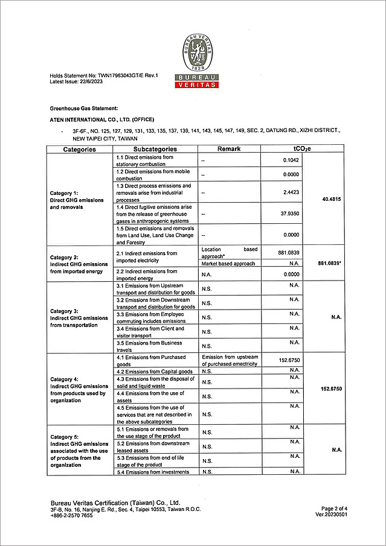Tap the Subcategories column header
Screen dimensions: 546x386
[x=155, y=149]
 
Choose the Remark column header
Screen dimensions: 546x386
[x=229, y=149]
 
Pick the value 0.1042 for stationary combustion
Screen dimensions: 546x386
[x=291, y=160]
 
